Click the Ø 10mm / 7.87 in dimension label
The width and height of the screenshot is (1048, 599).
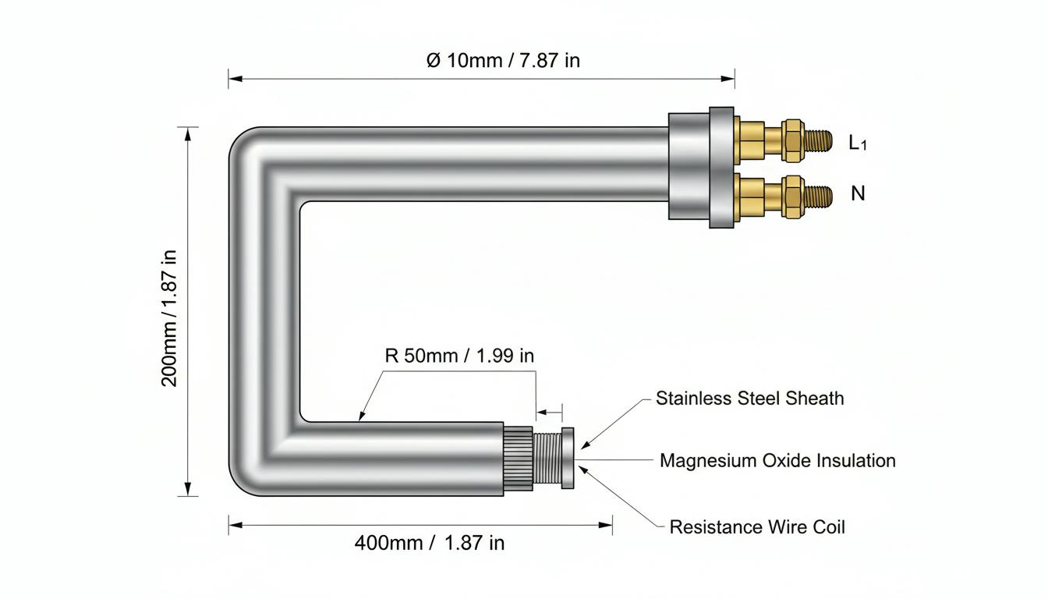click(503, 60)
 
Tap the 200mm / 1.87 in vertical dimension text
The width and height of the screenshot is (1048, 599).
click(169, 318)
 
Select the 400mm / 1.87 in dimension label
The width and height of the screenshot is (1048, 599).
click(430, 543)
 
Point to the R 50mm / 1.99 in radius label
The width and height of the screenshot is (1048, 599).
click(459, 356)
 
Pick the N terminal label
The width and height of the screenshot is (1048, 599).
click(858, 193)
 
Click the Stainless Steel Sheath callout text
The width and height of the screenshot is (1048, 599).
click(749, 399)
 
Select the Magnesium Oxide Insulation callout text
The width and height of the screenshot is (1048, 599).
click(777, 460)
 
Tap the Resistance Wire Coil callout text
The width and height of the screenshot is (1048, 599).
click(757, 527)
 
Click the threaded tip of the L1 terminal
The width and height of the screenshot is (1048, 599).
click(819, 140)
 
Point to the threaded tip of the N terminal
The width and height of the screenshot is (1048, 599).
click(819, 197)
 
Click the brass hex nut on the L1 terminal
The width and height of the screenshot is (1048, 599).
click(793, 140)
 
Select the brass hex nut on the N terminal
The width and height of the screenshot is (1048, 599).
click(793, 197)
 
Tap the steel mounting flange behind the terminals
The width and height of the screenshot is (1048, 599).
click(721, 168)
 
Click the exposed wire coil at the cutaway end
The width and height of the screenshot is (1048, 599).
click(547, 459)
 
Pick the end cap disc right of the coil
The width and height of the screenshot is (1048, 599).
click(568, 458)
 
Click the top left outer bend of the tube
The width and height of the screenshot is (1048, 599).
click(248, 146)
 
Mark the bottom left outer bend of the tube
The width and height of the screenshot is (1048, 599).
click(248, 477)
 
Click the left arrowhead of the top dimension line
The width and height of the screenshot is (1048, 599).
click(235, 79)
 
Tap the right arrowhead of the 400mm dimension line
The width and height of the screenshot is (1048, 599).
click(605, 525)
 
